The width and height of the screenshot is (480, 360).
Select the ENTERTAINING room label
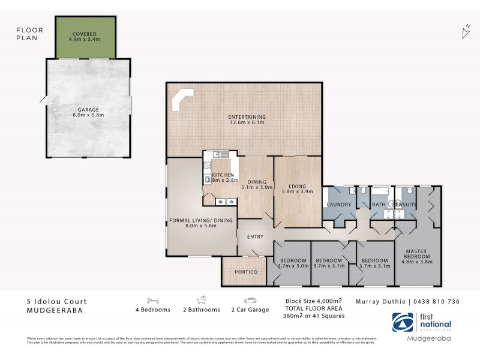pos(247,117)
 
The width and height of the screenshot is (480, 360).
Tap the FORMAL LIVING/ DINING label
pos(200,221)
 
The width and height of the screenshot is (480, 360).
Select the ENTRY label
pos(255,237)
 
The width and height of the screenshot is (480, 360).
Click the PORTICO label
pos(247,272)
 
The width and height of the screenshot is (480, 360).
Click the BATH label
pos(378,204)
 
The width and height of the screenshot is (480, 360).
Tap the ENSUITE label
pos(406,204)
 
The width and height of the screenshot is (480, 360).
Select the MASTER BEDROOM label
pos(416,254)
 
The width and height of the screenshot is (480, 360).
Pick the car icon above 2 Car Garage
pos(250,299)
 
